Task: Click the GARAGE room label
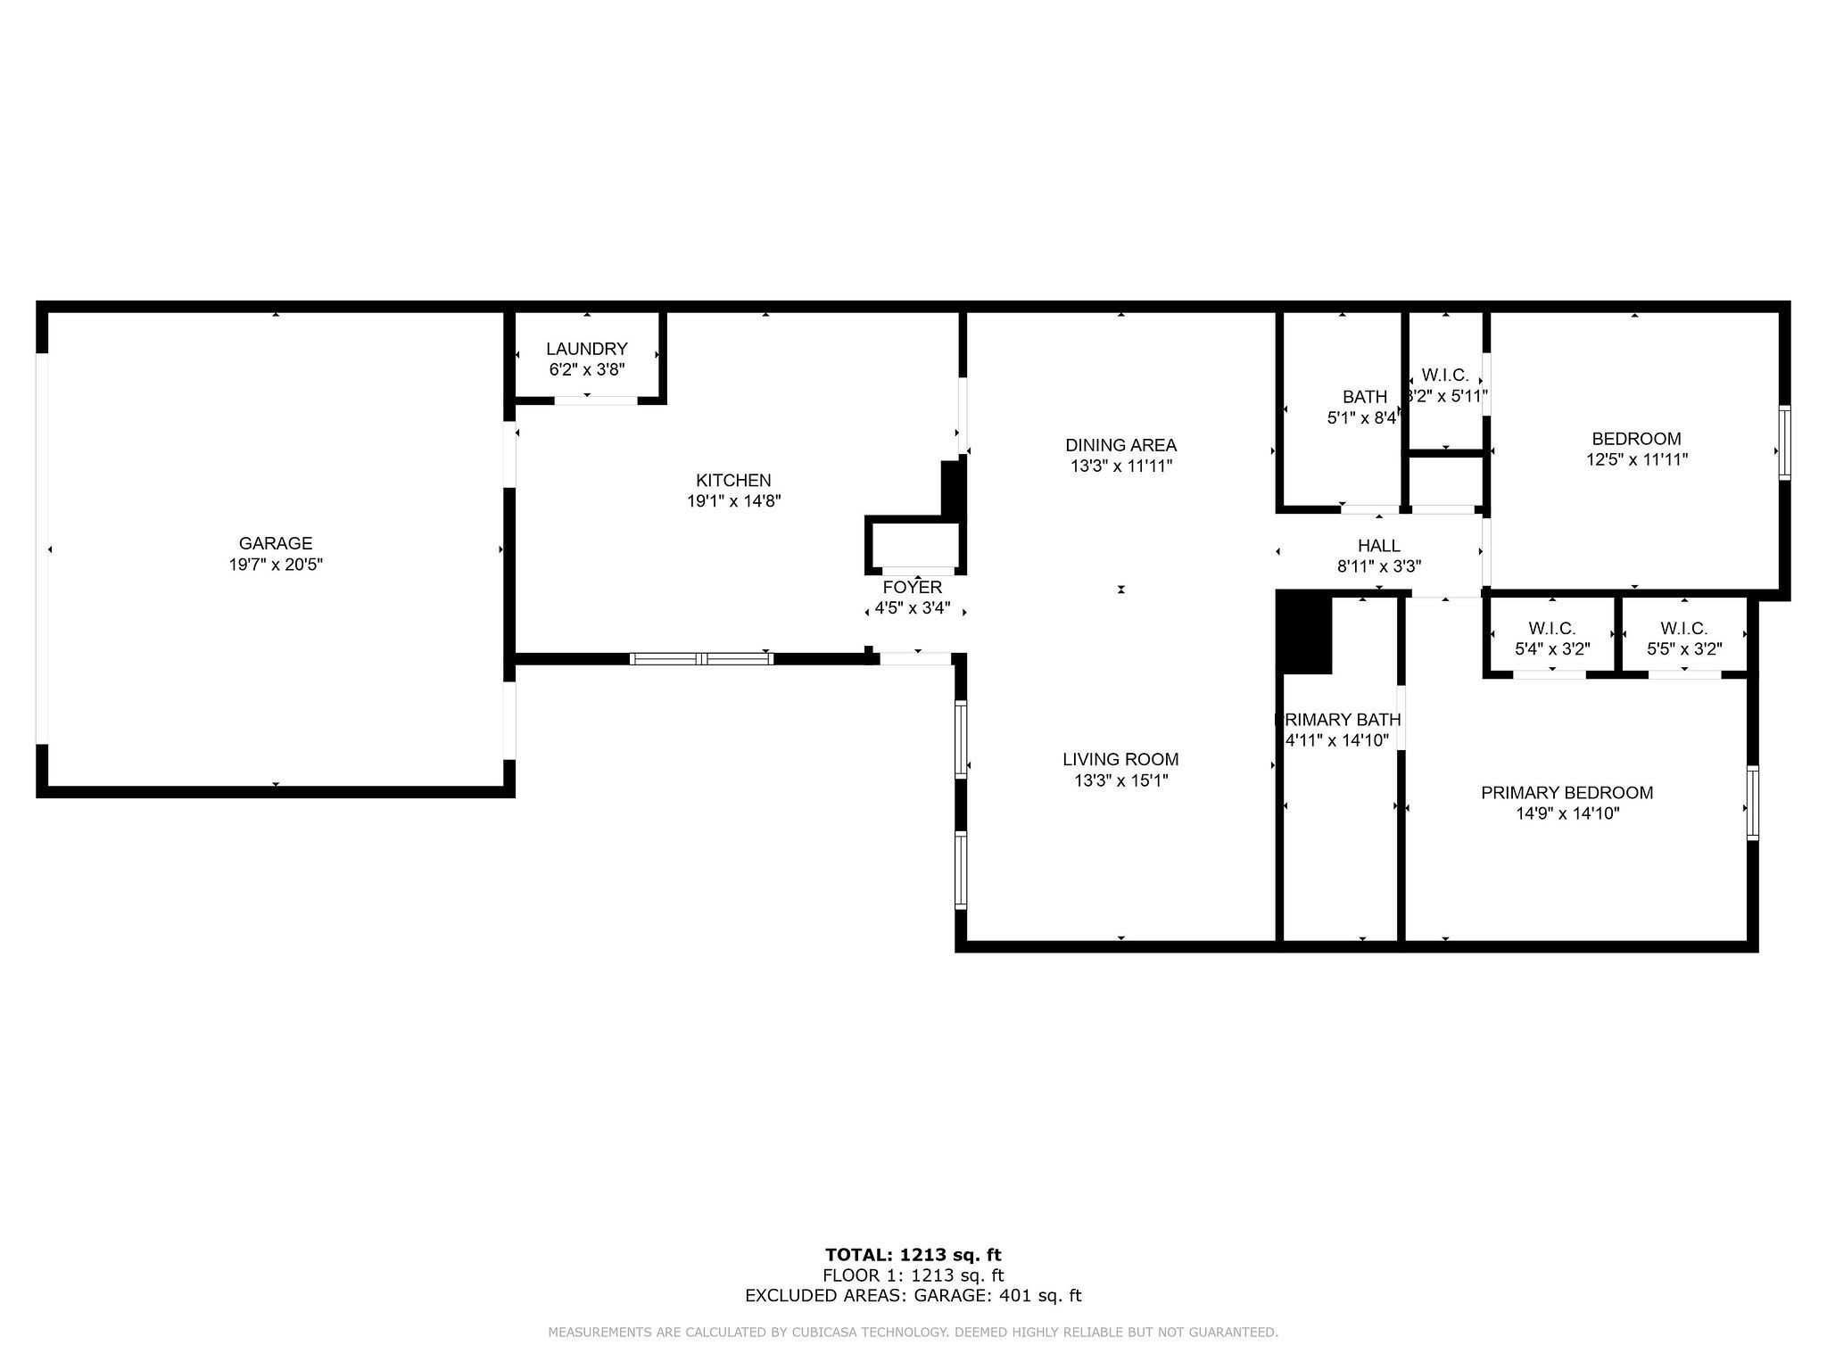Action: click(x=275, y=543)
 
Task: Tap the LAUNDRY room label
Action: click(x=586, y=349)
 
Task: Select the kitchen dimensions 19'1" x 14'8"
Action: click(x=733, y=501)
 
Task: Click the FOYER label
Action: click(x=912, y=587)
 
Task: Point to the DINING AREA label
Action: click(x=1120, y=445)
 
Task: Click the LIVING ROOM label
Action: click(x=1120, y=759)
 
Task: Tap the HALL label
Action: click(x=1378, y=545)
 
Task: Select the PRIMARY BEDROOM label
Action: click(x=1567, y=792)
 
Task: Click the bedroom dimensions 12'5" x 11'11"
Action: click(x=1636, y=459)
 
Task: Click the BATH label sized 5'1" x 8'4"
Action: click(x=1364, y=397)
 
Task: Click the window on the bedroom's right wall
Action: click(x=1784, y=442)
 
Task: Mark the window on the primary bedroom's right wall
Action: click(x=1752, y=803)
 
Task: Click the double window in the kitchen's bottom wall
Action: click(x=701, y=659)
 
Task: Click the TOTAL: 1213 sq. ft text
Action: click(x=913, y=1255)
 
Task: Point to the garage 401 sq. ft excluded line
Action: click(x=913, y=1296)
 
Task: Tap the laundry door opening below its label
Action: click(x=595, y=400)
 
